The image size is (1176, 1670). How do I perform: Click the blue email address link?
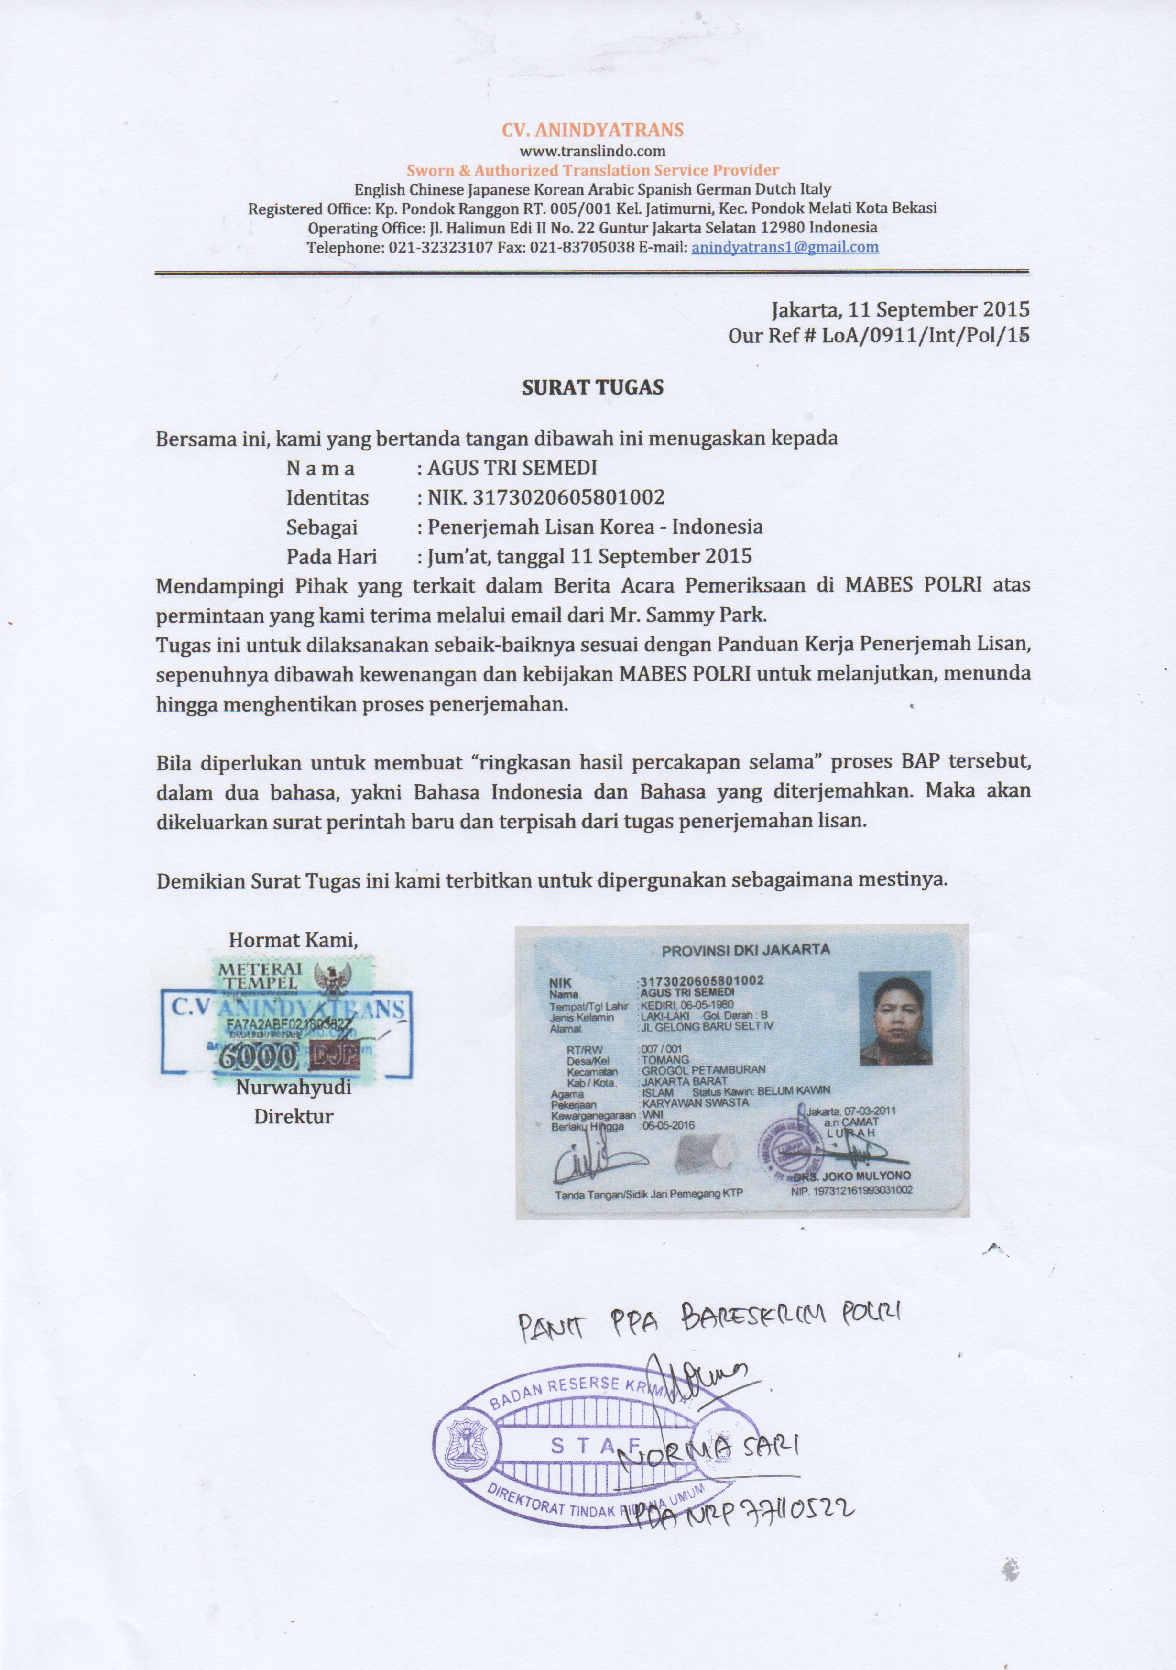(785, 247)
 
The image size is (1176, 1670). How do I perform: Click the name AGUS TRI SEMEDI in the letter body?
(512, 468)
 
